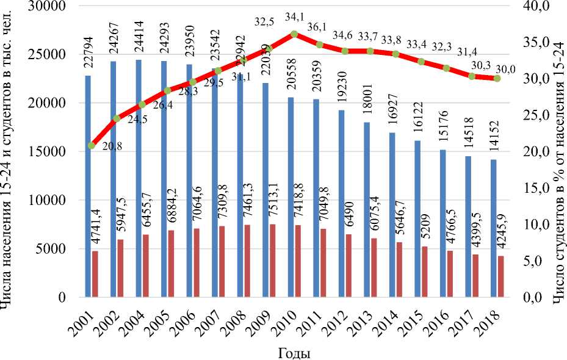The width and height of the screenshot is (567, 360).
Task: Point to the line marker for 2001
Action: tap(92, 145)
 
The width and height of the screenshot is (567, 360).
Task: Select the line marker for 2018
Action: tap(497, 78)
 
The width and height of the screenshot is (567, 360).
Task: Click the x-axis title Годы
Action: tap(294, 353)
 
